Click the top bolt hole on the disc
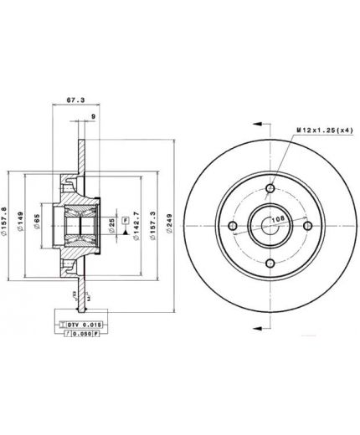tap(270, 188)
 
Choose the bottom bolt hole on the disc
tap(270, 262)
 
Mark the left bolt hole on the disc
tap(234, 225)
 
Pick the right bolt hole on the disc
tap(307, 225)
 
